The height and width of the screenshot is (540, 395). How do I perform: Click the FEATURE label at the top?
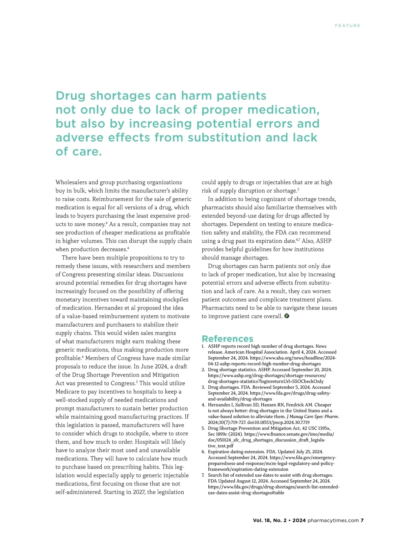pos(347,26)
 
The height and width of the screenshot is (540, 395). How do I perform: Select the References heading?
pos(227,339)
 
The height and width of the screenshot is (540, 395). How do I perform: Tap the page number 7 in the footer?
pos(362,521)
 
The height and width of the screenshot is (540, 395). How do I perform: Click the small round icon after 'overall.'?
pos(287,316)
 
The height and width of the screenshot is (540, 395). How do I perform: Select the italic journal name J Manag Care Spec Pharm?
pos(313,416)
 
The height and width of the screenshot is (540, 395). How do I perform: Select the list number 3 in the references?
pos(203,387)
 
